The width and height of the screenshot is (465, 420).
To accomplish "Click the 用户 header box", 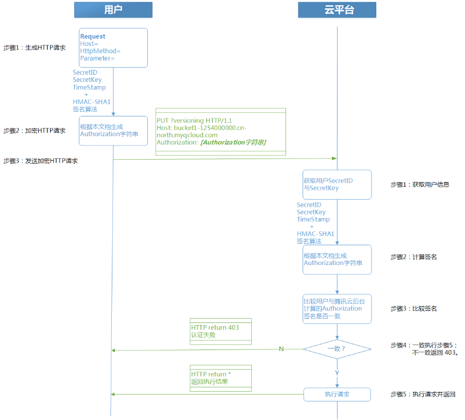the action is click(x=113, y=10).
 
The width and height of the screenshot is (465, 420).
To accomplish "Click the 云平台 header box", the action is click(x=337, y=10).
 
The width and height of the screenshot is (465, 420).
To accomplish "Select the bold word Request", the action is click(x=92, y=37).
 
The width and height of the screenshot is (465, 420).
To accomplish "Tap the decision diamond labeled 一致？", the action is click(x=337, y=349).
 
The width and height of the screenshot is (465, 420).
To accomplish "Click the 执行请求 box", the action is click(x=337, y=394).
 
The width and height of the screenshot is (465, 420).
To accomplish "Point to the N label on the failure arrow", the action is click(x=281, y=349).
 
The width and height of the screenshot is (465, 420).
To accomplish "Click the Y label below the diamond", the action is click(x=337, y=373).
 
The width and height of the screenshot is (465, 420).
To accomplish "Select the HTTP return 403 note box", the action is click(x=220, y=331).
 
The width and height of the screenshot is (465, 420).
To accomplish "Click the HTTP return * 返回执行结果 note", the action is click(x=220, y=378).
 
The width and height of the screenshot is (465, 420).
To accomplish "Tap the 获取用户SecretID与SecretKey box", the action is click(x=337, y=185).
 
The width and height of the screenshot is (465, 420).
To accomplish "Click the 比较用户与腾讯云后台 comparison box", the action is click(x=337, y=309).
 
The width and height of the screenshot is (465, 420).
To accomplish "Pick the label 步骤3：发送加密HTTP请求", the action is click(x=41, y=161).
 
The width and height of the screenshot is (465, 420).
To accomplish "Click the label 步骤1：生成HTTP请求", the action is click(x=34, y=47).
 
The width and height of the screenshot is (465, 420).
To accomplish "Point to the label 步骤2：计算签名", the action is click(x=414, y=257).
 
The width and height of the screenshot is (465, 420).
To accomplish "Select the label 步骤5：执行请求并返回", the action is click(x=423, y=394).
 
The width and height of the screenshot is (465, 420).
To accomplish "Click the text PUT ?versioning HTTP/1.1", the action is click(x=194, y=121).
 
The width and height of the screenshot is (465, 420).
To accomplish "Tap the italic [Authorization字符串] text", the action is click(x=234, y=142).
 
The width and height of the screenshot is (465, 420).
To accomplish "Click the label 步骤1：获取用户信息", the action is click(x=420, y=185).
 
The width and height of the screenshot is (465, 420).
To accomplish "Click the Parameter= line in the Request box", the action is click(x=97, y=58).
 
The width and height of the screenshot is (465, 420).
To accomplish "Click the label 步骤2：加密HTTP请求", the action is click(x=34, y=130).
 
